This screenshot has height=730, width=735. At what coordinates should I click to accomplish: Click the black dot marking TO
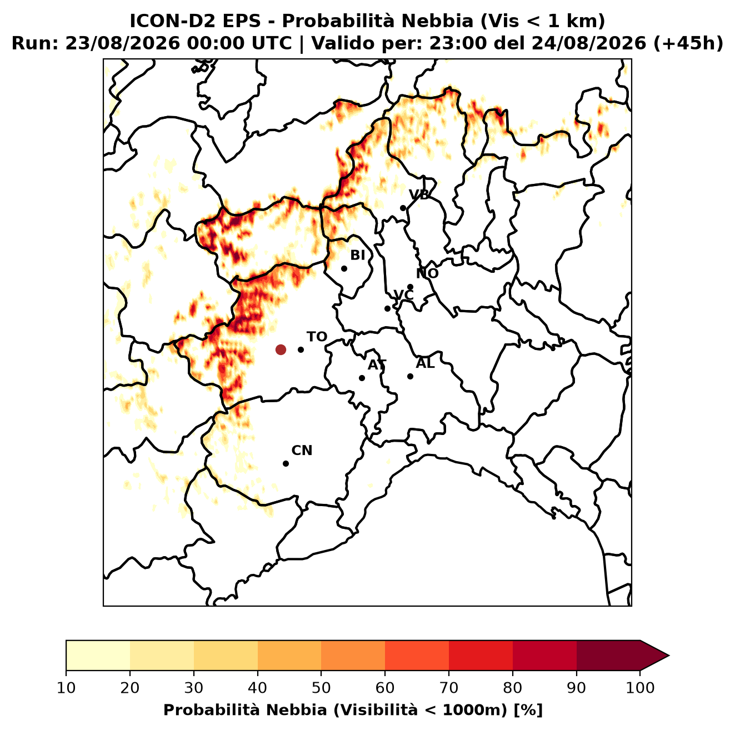click(301, 349)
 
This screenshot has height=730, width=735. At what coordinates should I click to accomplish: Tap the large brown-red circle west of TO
click(281, 349)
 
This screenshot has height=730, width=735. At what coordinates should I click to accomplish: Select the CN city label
click(302, 451)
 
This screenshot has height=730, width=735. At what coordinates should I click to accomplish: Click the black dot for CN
click(286, 464)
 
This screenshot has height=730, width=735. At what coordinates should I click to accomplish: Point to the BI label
click(358, 256)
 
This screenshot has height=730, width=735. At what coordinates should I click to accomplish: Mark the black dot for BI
click(344, 269)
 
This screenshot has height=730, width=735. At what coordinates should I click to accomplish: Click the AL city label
click(425, 363)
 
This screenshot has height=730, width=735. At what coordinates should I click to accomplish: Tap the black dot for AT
click(362, 378)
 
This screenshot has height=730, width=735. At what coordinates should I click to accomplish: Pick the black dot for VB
click(403, 208)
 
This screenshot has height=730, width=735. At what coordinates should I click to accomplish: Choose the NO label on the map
click(427, 273)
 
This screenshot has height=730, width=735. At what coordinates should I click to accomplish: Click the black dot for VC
click(388, 308)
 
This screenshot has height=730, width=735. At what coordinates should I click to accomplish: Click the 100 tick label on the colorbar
click(640, 688)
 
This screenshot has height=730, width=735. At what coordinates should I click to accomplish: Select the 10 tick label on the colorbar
click(66, 688)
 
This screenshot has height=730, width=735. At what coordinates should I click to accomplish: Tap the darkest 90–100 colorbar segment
click(608, 656)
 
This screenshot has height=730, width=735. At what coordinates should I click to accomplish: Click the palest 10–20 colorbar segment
click(98, 656)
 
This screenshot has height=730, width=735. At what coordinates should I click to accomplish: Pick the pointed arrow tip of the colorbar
click(669, 656)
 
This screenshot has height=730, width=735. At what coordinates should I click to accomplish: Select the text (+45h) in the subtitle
click(688, 43)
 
